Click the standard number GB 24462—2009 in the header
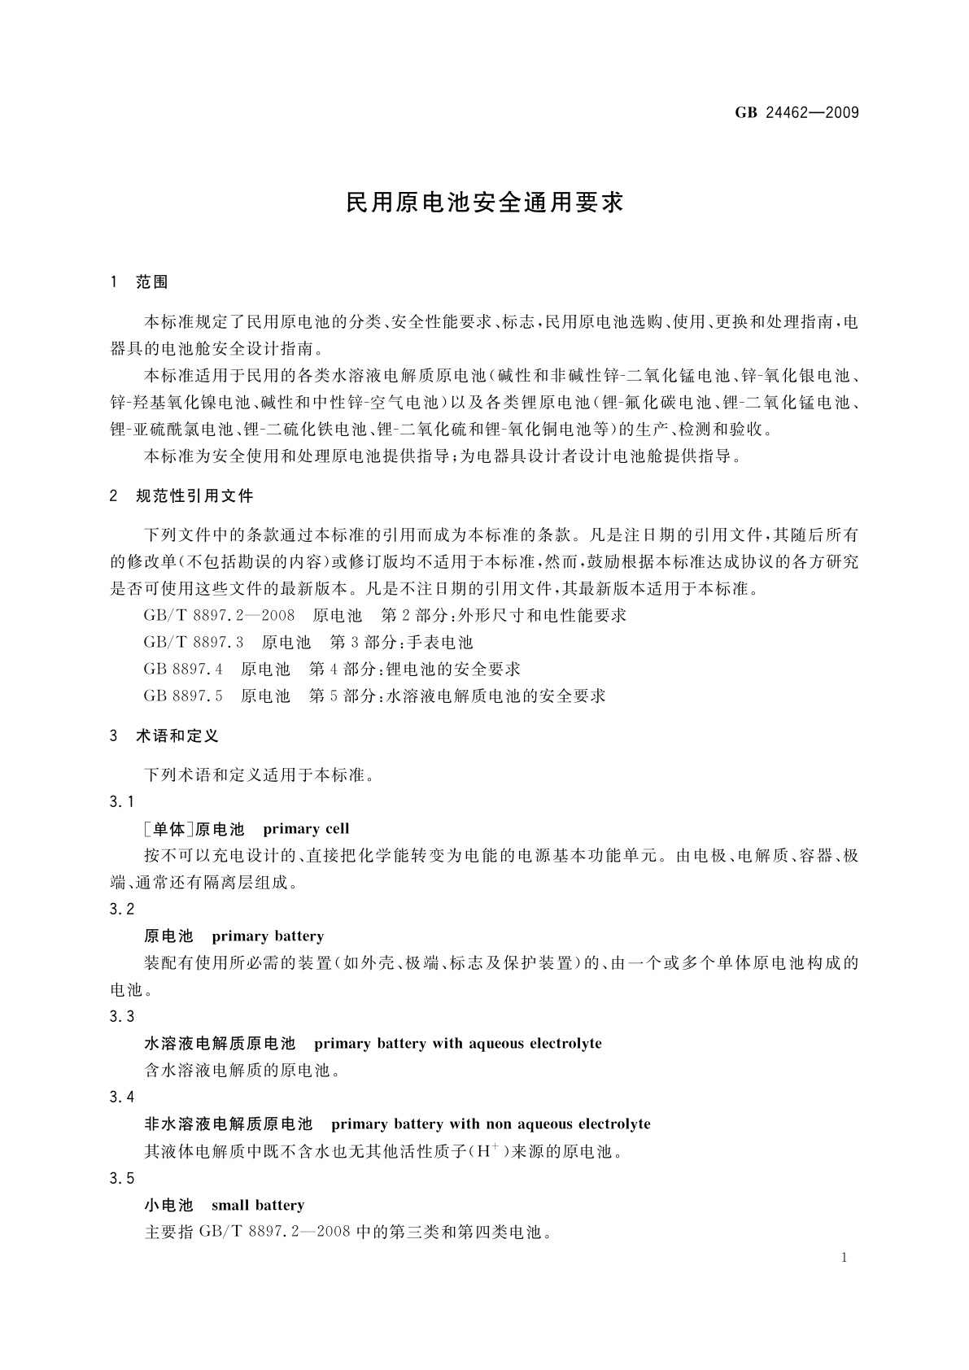point(797,113)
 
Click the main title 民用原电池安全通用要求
point(484,203)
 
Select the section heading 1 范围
point(139,282)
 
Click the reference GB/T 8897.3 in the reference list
point(194,643)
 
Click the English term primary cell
point(306,829)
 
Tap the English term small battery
point(257,1205)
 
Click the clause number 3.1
point(122,802)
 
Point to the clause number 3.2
point(122,909)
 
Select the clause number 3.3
point(122,1016)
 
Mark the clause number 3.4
point(122,1097)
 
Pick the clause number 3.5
point(122,1178)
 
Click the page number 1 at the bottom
point(845,1258)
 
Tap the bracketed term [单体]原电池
point(194,829)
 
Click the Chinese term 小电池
point(168,1205)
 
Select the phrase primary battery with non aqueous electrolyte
point(491,1124)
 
